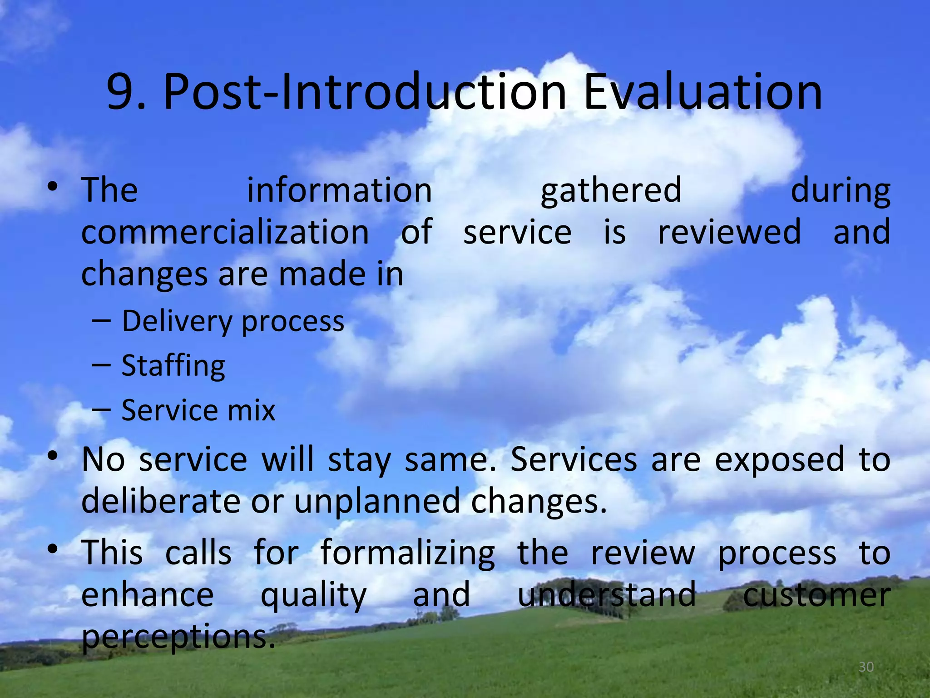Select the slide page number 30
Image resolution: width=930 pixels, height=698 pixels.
[x=866, y=667]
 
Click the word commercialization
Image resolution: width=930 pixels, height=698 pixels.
[x=225, y=232]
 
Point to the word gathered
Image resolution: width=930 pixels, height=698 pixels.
[x=611, y=190]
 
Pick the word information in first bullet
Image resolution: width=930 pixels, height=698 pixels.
[x=339, y=190]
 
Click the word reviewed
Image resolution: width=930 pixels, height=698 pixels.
[x=729, y=232]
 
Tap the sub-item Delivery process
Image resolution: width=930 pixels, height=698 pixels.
[x=233, y=322]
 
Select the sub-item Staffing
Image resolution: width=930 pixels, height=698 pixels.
[x=173, y=366]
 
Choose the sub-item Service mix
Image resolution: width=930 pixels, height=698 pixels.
[x=198, y=410]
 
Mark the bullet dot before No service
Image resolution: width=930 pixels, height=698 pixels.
[x=53, y=456]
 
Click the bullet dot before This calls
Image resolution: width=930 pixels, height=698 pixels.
[x=53, y=549]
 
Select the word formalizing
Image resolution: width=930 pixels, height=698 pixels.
[x=407, y=553]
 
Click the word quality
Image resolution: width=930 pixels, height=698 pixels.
[x=313, y=595]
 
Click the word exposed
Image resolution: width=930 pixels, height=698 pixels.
[x=779, y=459]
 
